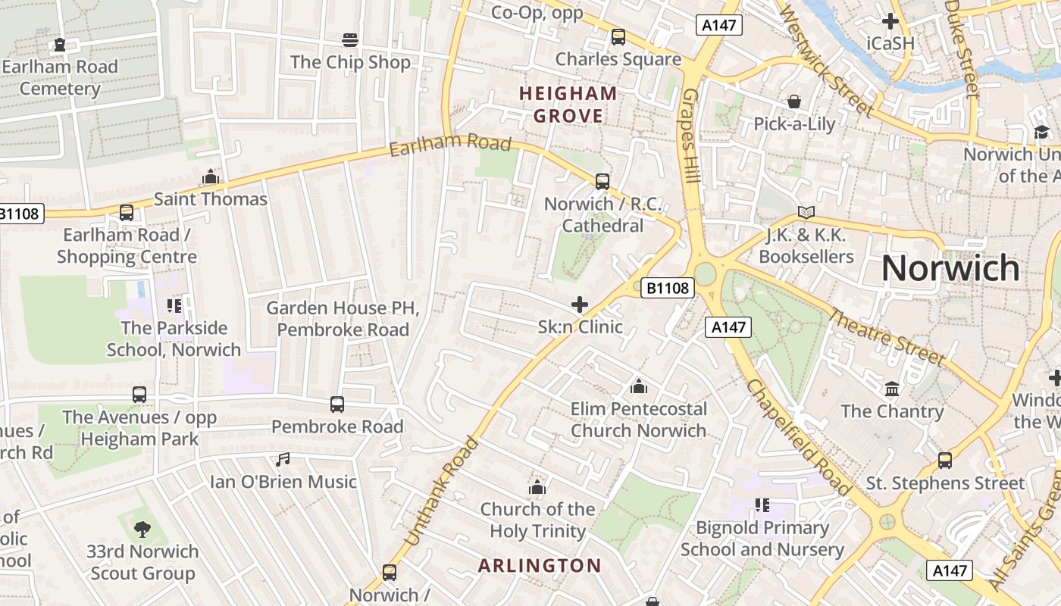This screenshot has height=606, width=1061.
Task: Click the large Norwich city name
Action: click(950, 268)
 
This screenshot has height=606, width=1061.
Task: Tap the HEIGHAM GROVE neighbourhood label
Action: click(568, 105)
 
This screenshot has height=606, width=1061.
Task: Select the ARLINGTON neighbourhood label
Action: click(540, 566)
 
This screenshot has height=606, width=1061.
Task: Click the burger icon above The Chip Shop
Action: click(350, 39)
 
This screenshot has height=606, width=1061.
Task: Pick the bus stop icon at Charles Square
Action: click(618, 36)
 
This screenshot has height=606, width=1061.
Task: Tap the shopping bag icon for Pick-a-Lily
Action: click(794, 102)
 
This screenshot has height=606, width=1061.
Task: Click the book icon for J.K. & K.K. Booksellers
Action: click(806, 213)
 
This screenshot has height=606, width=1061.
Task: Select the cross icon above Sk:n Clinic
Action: click(580, 305)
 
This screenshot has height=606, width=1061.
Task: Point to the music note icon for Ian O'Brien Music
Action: click(283, 459)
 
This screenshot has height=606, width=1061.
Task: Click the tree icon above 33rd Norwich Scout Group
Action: click(142, 529)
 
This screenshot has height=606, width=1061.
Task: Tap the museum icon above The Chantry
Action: click(892, 389)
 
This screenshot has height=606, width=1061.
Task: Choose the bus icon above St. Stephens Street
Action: click(945, 460)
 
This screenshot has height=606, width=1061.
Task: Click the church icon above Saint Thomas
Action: click(210, 177)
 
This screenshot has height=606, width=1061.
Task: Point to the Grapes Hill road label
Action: click(691, 137)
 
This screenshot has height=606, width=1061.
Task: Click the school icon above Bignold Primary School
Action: click(762, 504)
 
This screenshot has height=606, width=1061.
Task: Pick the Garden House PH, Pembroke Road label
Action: click(343, 319)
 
